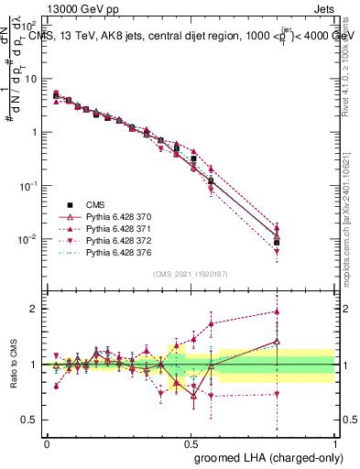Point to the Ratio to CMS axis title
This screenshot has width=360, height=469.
tap(12, 365)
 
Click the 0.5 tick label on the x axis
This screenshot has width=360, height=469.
tap(191, 442)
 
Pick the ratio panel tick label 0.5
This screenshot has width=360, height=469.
tap(30, 420)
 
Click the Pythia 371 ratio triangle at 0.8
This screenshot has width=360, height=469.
tap(277, 311)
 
